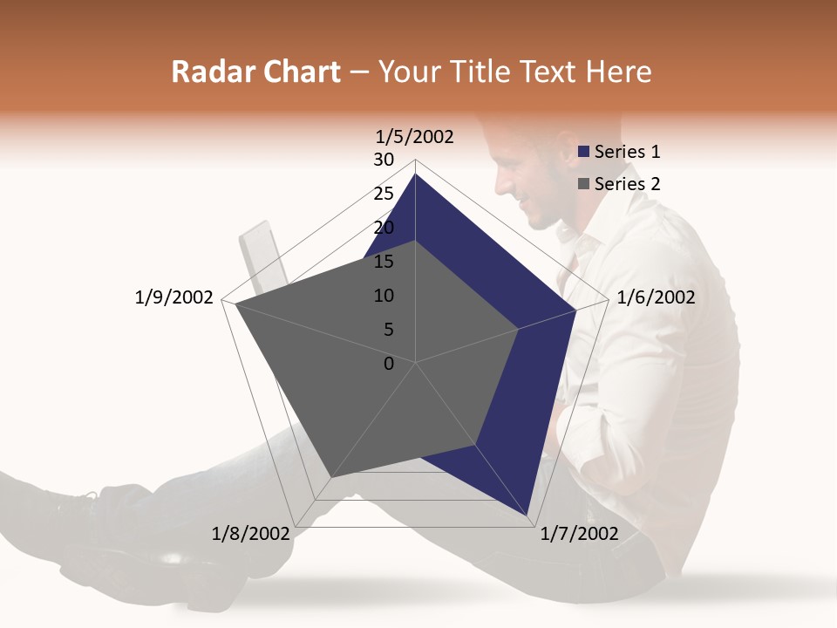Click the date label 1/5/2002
(415, 137)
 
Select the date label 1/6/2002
(656, 297)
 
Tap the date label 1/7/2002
(579, 534)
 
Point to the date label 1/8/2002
(250, 534)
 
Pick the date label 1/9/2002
(174, 297)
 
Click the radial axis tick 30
(384, 160)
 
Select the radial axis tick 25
(384, 194)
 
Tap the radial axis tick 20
(384, 228)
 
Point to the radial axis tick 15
(384, 262)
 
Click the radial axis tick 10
(384, 296)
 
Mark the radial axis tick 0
(389, 364)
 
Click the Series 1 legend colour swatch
(584, 153)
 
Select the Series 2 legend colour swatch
(584, 184)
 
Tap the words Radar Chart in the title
(255, 72)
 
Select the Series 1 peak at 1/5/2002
(416, 174)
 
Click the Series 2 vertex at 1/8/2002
(330, 478)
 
